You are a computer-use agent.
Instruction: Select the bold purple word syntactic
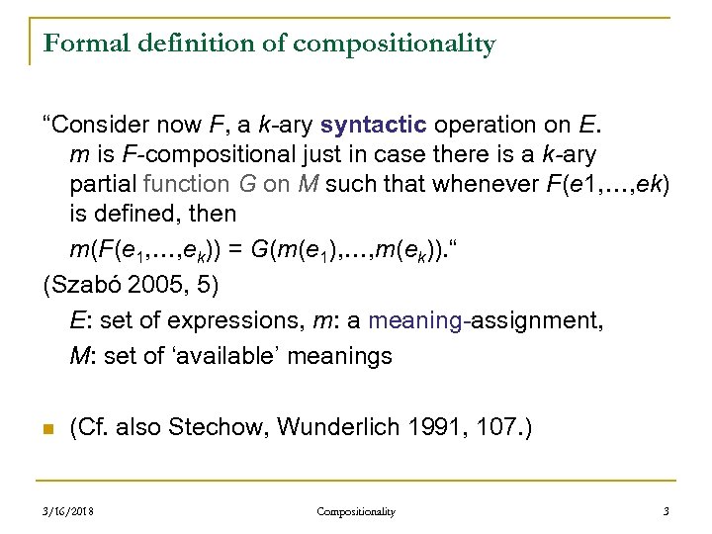(374, 126)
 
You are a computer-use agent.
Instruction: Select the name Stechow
(219, 427)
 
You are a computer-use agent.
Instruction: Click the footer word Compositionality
(356, 511)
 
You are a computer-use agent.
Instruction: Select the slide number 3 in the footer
(666, 511)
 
